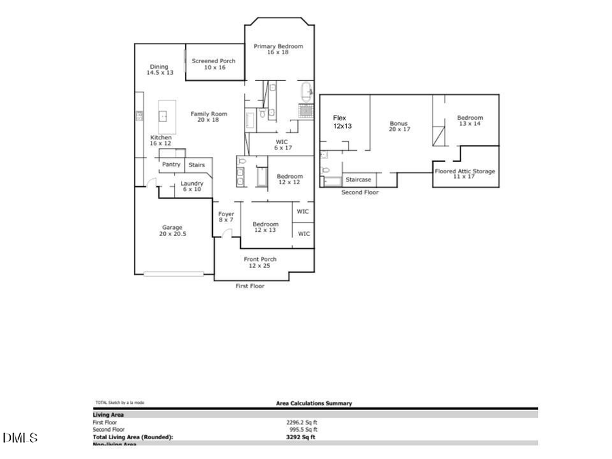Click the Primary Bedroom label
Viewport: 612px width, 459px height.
coord(278,49)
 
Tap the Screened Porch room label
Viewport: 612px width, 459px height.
coord(214,64)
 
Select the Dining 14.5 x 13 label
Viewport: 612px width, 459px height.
coord(159,69)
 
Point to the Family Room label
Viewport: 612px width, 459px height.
coord(209,117)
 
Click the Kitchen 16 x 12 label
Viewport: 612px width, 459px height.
coord(160,141)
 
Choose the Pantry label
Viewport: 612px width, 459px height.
coord(171,164)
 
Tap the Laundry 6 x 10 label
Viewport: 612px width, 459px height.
coord(192,186)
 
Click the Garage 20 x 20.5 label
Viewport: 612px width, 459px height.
coord(172,231)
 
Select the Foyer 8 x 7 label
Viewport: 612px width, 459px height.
coord(226,217)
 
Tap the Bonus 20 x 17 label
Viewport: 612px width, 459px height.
coord(399,126)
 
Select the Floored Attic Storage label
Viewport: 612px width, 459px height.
coord(464,173)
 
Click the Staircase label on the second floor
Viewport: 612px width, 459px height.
coord(358,180)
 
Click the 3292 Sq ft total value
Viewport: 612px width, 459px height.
coord(301,437)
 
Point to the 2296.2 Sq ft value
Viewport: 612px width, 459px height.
coord(301,422)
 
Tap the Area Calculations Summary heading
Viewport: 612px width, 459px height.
coord(313,403)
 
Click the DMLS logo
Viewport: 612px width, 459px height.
coord(20,437)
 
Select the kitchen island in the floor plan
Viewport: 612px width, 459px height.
coord(163,116)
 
